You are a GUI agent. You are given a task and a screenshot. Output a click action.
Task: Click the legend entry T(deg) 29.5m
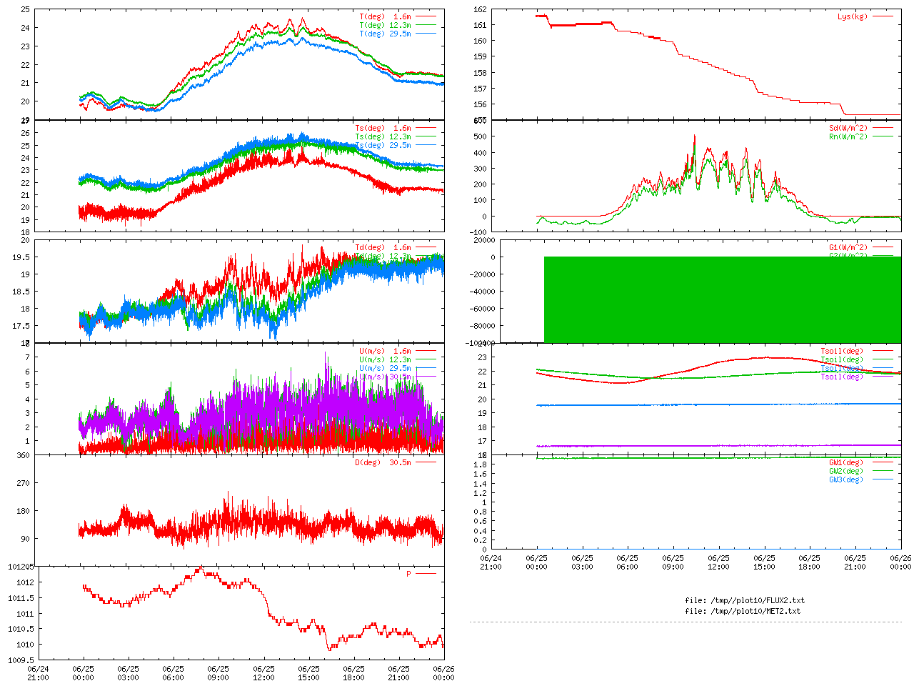[385, 34]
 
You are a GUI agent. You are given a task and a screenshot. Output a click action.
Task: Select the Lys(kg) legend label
[853, 16]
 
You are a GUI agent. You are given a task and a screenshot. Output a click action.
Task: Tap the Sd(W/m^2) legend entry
[848, 129]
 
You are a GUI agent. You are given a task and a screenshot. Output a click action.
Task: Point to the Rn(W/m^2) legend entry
[848, 136]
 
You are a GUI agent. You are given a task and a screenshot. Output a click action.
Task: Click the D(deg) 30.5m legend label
[383, 462]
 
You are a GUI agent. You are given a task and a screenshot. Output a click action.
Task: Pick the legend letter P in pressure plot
[408, 574]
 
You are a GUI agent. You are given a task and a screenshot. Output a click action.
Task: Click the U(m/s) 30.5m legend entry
[385, 377]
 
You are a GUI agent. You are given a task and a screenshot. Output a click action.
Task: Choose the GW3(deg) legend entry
[845, 479]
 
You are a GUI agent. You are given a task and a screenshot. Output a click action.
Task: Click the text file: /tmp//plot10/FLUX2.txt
[744, 600]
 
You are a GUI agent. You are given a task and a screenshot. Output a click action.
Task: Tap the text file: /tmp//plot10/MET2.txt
[743, 611]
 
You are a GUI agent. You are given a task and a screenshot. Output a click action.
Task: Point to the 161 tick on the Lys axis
[480, 25]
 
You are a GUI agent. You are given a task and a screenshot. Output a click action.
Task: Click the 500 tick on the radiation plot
[480, 136]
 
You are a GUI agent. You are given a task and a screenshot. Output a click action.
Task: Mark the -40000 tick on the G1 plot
[476, 292]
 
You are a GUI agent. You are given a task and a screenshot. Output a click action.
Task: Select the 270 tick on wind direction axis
[24, 483]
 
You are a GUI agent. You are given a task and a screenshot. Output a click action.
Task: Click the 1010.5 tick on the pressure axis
[19, 629]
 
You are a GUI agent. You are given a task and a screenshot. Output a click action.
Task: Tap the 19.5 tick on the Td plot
[21, 257]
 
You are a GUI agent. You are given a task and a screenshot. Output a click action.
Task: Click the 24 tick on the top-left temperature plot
[25, 28]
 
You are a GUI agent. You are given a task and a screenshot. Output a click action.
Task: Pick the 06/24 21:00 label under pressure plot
[38, 673]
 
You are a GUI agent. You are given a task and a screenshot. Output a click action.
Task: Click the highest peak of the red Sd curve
[694, 135]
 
